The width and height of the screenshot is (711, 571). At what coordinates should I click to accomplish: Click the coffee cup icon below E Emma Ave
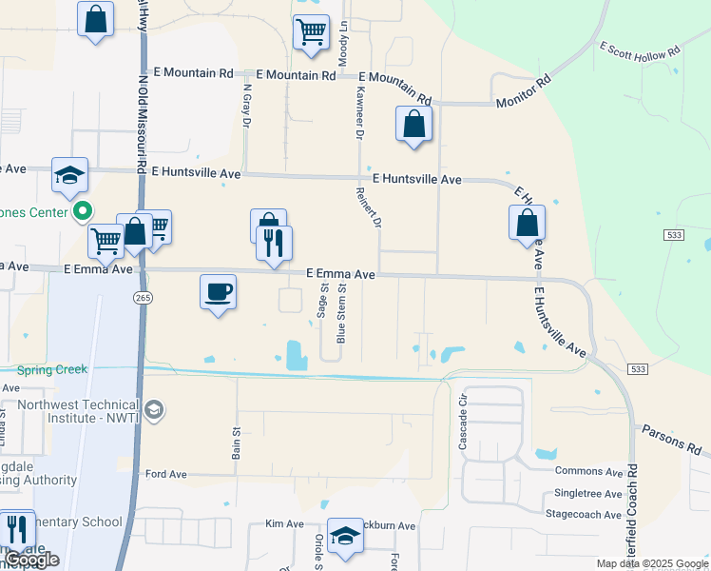218,290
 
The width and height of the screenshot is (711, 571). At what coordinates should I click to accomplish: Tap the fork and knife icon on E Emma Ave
275,244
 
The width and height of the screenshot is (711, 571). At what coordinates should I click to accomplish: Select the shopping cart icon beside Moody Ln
312,32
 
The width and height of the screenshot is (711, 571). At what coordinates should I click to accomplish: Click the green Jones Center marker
83,211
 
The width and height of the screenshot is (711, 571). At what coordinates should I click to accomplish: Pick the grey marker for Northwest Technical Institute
154,411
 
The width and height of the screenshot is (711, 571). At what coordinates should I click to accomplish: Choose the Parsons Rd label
671,439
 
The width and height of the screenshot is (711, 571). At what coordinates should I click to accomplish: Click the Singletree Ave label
586,494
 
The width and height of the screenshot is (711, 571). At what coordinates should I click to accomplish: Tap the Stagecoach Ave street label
584,514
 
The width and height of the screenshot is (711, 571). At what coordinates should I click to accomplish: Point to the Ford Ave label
165,473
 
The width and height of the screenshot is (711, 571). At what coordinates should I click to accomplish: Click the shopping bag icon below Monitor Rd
413,124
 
